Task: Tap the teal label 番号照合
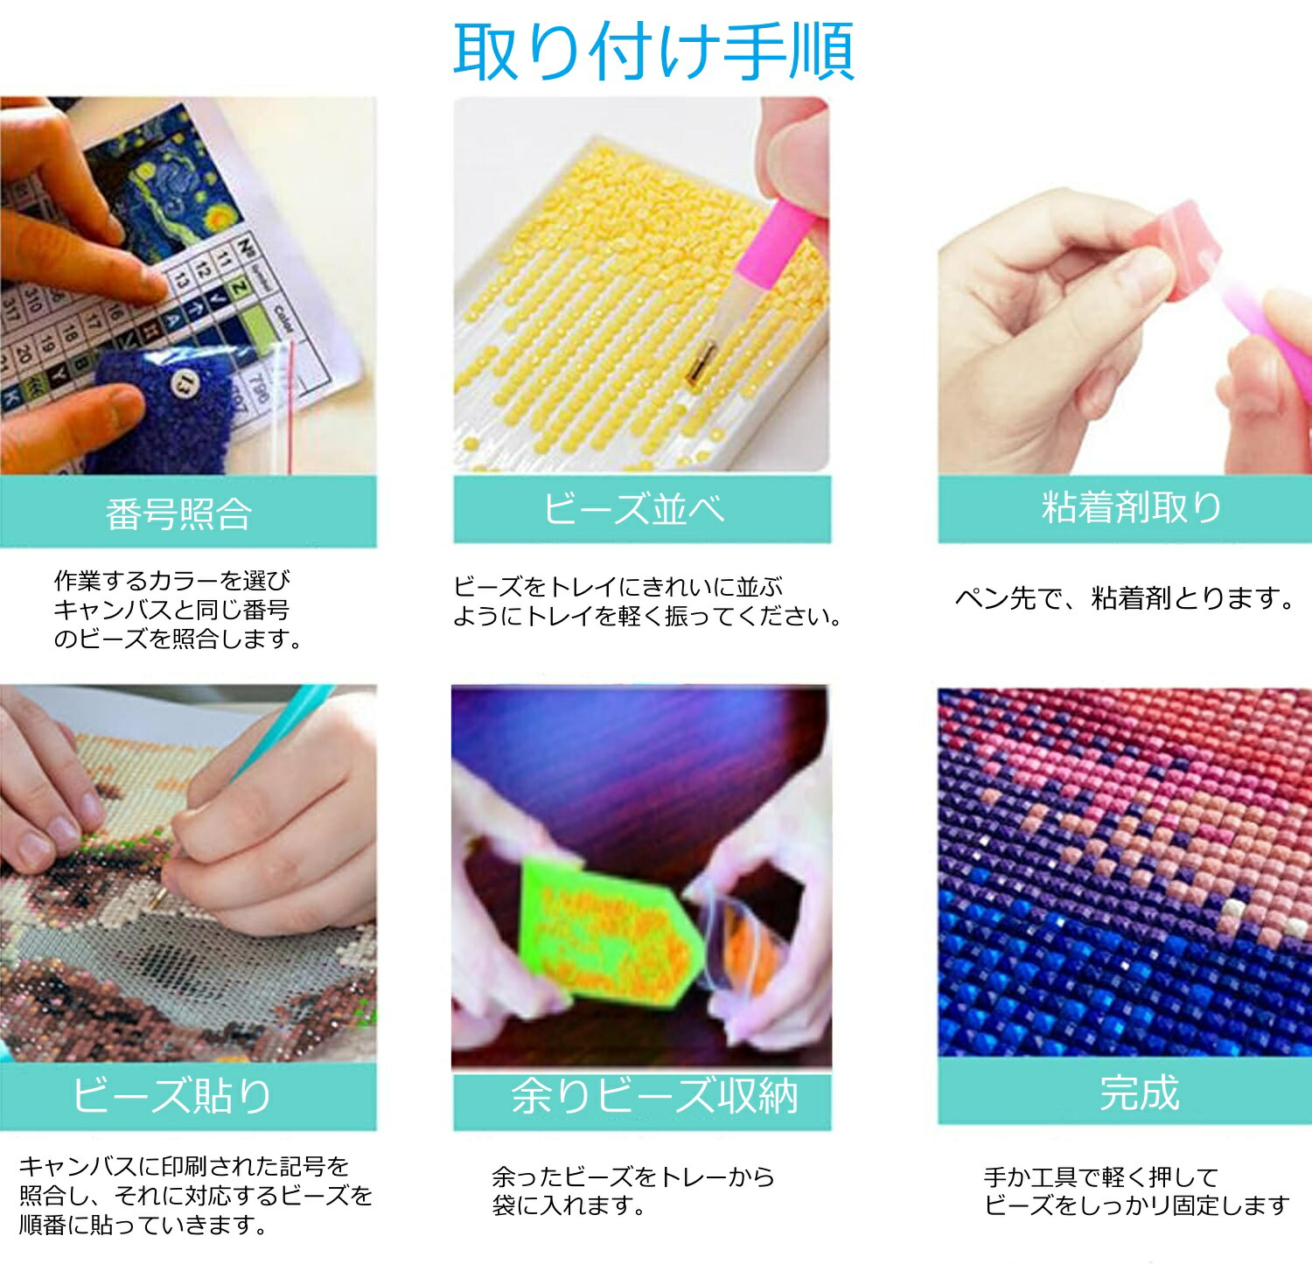[179, 513]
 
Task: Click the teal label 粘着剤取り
[1132, 507]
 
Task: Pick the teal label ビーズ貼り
[172, 1095]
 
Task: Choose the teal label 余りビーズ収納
[654, 1096]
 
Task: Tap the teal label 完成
[1140, 1093]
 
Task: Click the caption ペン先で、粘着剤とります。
[1125, 598]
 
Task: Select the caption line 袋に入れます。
[569, 1206]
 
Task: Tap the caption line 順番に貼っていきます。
[143, 1225]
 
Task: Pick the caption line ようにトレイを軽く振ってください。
[648, 617]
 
